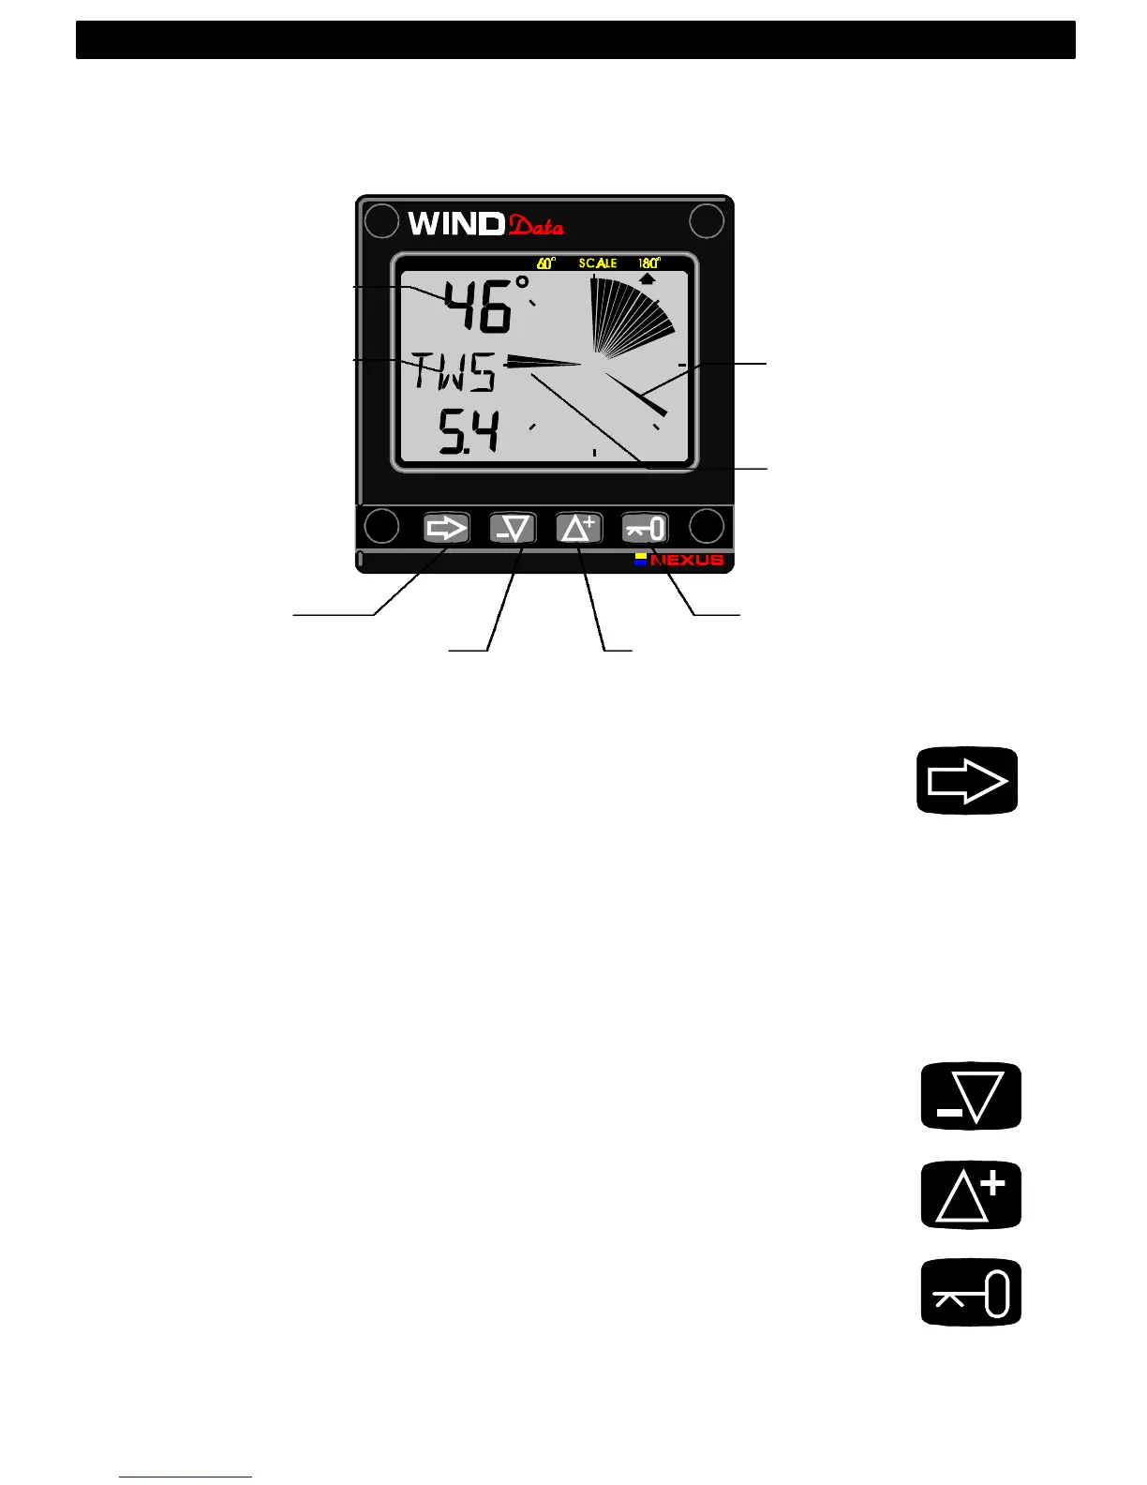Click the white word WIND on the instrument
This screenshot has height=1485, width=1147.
(455, 224)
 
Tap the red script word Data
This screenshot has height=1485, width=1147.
(536, 225)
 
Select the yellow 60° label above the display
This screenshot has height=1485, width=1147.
(546, 263)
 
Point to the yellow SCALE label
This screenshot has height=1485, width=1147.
(598, 263)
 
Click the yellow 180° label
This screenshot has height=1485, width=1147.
(649, 263)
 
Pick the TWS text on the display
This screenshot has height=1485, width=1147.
(454, 372)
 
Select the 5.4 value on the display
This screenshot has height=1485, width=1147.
(469, 434)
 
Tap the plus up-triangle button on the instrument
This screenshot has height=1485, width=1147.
(578, 529)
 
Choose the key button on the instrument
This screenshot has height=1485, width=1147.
(645, 529)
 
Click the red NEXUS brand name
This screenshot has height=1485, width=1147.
(687, 561)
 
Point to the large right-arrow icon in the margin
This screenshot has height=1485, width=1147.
(967, 781)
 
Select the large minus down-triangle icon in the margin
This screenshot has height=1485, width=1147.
(971, 1096)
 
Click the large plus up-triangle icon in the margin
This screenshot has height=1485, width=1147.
(971, 1195)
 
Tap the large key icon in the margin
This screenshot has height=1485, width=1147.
(971, 1293)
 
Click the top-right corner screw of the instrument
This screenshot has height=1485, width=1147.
(706, 221)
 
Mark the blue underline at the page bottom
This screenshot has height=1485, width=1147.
(186, 1477)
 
